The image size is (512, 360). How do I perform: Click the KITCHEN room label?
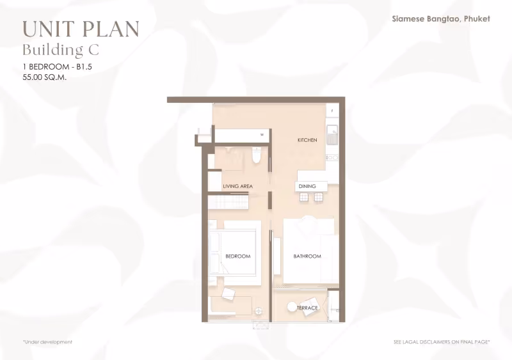307,140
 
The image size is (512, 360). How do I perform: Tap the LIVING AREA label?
237,186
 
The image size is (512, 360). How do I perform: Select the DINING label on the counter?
307,186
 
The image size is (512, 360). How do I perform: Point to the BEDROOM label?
238,256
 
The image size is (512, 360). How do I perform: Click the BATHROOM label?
307,256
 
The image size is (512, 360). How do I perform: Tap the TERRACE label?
307,308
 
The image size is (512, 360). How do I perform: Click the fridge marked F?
332,111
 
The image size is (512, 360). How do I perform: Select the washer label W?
262,134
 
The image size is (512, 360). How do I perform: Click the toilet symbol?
257,155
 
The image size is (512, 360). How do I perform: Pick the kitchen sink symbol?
332,134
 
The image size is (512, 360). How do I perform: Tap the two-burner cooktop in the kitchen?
332,158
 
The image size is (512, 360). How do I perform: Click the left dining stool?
304,197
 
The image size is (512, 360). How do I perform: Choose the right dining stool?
318,197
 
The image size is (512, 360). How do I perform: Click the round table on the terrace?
292,307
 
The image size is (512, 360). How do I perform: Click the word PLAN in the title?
111,29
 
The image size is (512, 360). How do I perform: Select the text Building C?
61,51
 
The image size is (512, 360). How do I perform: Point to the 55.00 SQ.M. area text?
45,77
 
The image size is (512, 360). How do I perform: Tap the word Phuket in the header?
477,19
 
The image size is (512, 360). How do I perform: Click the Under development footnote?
47,342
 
